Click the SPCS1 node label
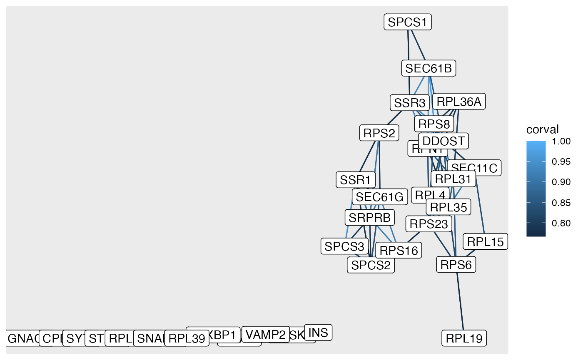pos(407,22)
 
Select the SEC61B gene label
pos(429,68)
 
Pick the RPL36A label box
pos(459,102)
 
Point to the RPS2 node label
pos(379,133)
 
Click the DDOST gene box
pos(443,141)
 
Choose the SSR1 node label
pos(355,180)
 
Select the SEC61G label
pos(379,197)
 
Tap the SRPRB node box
pos(369,217)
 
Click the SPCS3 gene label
pos(344,246)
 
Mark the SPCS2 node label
pos(371,265)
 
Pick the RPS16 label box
pos(398,251)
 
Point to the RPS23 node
pos(429,224)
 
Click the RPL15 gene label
pos(485,241)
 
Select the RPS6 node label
pos(456,264)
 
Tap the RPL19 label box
pos(463,338)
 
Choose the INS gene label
pos(318,333)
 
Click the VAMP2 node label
pos(265,334)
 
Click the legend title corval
pos(542,129)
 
